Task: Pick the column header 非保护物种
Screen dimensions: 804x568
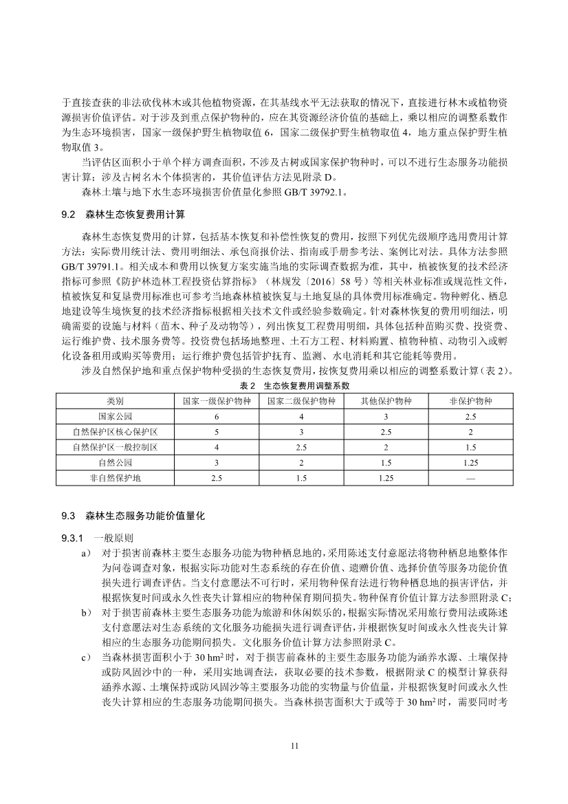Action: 471,401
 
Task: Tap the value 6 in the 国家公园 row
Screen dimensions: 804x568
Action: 217,416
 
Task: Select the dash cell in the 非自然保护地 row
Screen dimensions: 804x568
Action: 471,477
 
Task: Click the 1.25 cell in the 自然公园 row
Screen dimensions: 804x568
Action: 471,461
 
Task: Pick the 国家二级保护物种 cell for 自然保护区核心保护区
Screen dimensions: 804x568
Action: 301,431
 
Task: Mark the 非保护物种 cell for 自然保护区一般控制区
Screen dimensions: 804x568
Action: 471,446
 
